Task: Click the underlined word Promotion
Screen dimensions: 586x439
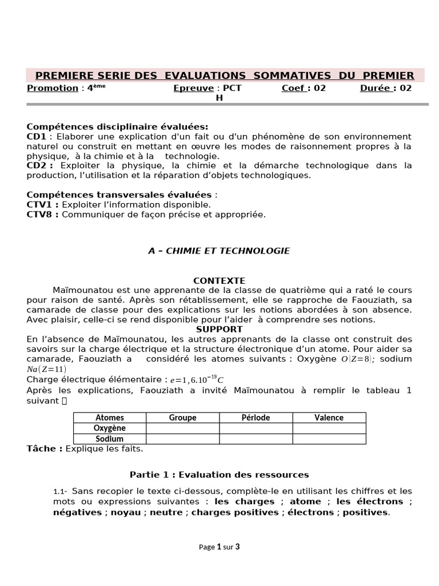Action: click(53, 88)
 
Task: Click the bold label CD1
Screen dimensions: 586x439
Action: click(37, 137)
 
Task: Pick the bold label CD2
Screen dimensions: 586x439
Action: click(37, 166)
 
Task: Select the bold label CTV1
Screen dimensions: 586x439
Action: click(43, 204)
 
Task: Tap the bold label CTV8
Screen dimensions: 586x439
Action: click(43, 215)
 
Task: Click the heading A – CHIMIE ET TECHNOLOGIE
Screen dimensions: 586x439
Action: click(219, 251)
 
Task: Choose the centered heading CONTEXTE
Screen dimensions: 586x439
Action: click(219, 281)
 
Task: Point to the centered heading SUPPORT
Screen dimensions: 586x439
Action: click(219, 330)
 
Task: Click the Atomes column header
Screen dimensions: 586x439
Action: click(110, 418)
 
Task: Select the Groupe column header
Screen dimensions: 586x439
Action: click(182, 418)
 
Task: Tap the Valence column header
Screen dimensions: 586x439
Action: click(329, 418)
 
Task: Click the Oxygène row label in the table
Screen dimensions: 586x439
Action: click(110, 428)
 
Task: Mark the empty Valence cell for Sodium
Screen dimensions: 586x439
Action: click(329, 439)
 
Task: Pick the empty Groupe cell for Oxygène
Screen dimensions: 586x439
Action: click(182, 428)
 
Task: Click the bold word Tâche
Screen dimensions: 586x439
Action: click(45, 449)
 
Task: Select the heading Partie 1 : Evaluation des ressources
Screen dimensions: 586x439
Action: click(219, 475)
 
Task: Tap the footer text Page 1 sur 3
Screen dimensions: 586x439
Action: click(219, 547)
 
